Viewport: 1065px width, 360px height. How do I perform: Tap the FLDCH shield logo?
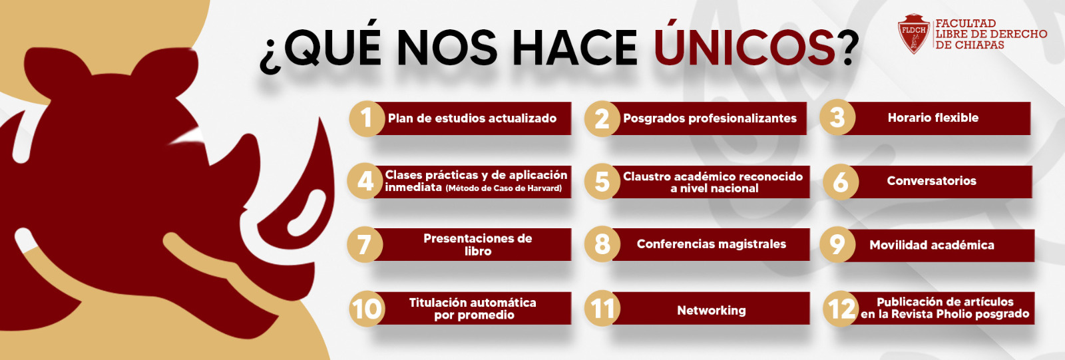[913, 34]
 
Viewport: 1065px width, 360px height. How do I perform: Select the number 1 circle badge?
[367, 118]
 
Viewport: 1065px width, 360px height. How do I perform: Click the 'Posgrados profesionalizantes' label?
[710, 118]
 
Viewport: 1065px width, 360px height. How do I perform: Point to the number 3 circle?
[837, 118]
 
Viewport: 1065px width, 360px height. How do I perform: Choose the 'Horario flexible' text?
[933, 118]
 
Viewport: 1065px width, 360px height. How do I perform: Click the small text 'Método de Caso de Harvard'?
[503, 189]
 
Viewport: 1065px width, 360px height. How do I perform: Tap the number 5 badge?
[602, 181]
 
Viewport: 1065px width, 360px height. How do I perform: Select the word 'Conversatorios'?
[931, 181]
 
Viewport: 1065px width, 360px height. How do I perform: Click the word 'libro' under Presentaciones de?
[478, 252]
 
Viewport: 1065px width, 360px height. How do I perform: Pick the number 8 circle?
[602, 244]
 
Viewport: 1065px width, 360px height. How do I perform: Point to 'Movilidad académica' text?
[931, 245]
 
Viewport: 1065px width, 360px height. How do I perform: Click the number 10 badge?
[367, 309]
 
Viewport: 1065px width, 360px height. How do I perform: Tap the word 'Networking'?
[711, 310]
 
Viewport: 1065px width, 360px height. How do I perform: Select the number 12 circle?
[840, 309]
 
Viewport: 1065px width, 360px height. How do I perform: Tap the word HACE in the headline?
[574, 48]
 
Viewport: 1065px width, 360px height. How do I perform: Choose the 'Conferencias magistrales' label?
[711, 244]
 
